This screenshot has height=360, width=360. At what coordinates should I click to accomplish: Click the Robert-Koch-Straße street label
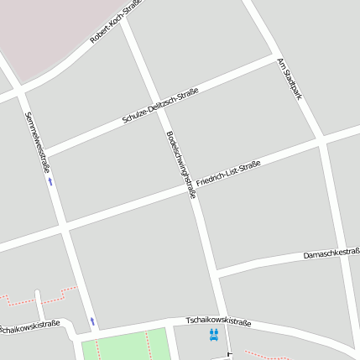click(x=116, y=22)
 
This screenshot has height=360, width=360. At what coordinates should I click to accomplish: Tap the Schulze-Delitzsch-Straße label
click(x=159, y=105)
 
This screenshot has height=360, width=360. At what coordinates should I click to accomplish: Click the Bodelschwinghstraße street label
click(x=181, y=164)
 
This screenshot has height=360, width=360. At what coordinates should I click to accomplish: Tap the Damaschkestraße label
click(x=331, y=253)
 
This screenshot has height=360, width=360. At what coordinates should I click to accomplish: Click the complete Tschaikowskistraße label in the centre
click(x=218, y=321)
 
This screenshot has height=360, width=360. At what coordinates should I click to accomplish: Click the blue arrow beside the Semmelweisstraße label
click(x=50, y=180)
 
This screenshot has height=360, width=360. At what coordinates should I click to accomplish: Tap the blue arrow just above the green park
click(x=92, y=321)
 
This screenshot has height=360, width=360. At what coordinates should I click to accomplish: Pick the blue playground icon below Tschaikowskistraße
click(x=214, y=335)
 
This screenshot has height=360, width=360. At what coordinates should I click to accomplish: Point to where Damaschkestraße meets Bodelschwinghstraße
click(x=214, y=273)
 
